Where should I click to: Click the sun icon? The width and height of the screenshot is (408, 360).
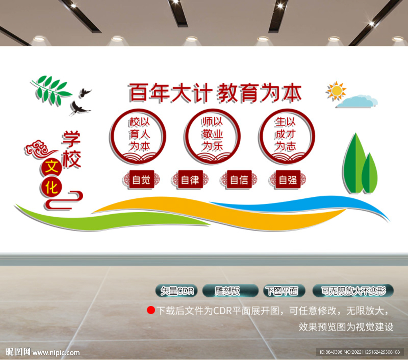(x=336, y=91)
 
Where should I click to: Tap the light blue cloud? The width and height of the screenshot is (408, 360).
(x=357, y=102)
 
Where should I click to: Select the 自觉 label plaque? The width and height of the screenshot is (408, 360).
(x=141, y=180)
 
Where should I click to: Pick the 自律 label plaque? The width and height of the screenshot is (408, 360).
(x=190, y=180)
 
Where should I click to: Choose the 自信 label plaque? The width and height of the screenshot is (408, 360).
(x=239, y=180)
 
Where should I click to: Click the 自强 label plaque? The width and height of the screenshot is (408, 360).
(x=288, y=180)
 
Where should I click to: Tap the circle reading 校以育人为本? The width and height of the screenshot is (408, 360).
(x=138, y=135)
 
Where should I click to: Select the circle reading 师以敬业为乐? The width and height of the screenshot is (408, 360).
(x=212, y=135)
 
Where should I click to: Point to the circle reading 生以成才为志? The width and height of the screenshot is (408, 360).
(x=286, y=135)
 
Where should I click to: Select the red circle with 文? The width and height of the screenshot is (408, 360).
(x=51, y=168)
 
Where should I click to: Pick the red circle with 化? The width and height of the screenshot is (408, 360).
(x=51, y=187)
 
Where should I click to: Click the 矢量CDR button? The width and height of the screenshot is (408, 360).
(x=177, y=291)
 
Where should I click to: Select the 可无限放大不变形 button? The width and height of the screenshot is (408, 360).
(x=353, y=291)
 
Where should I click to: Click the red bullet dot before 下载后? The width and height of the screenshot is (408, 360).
(x=151, y=310)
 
